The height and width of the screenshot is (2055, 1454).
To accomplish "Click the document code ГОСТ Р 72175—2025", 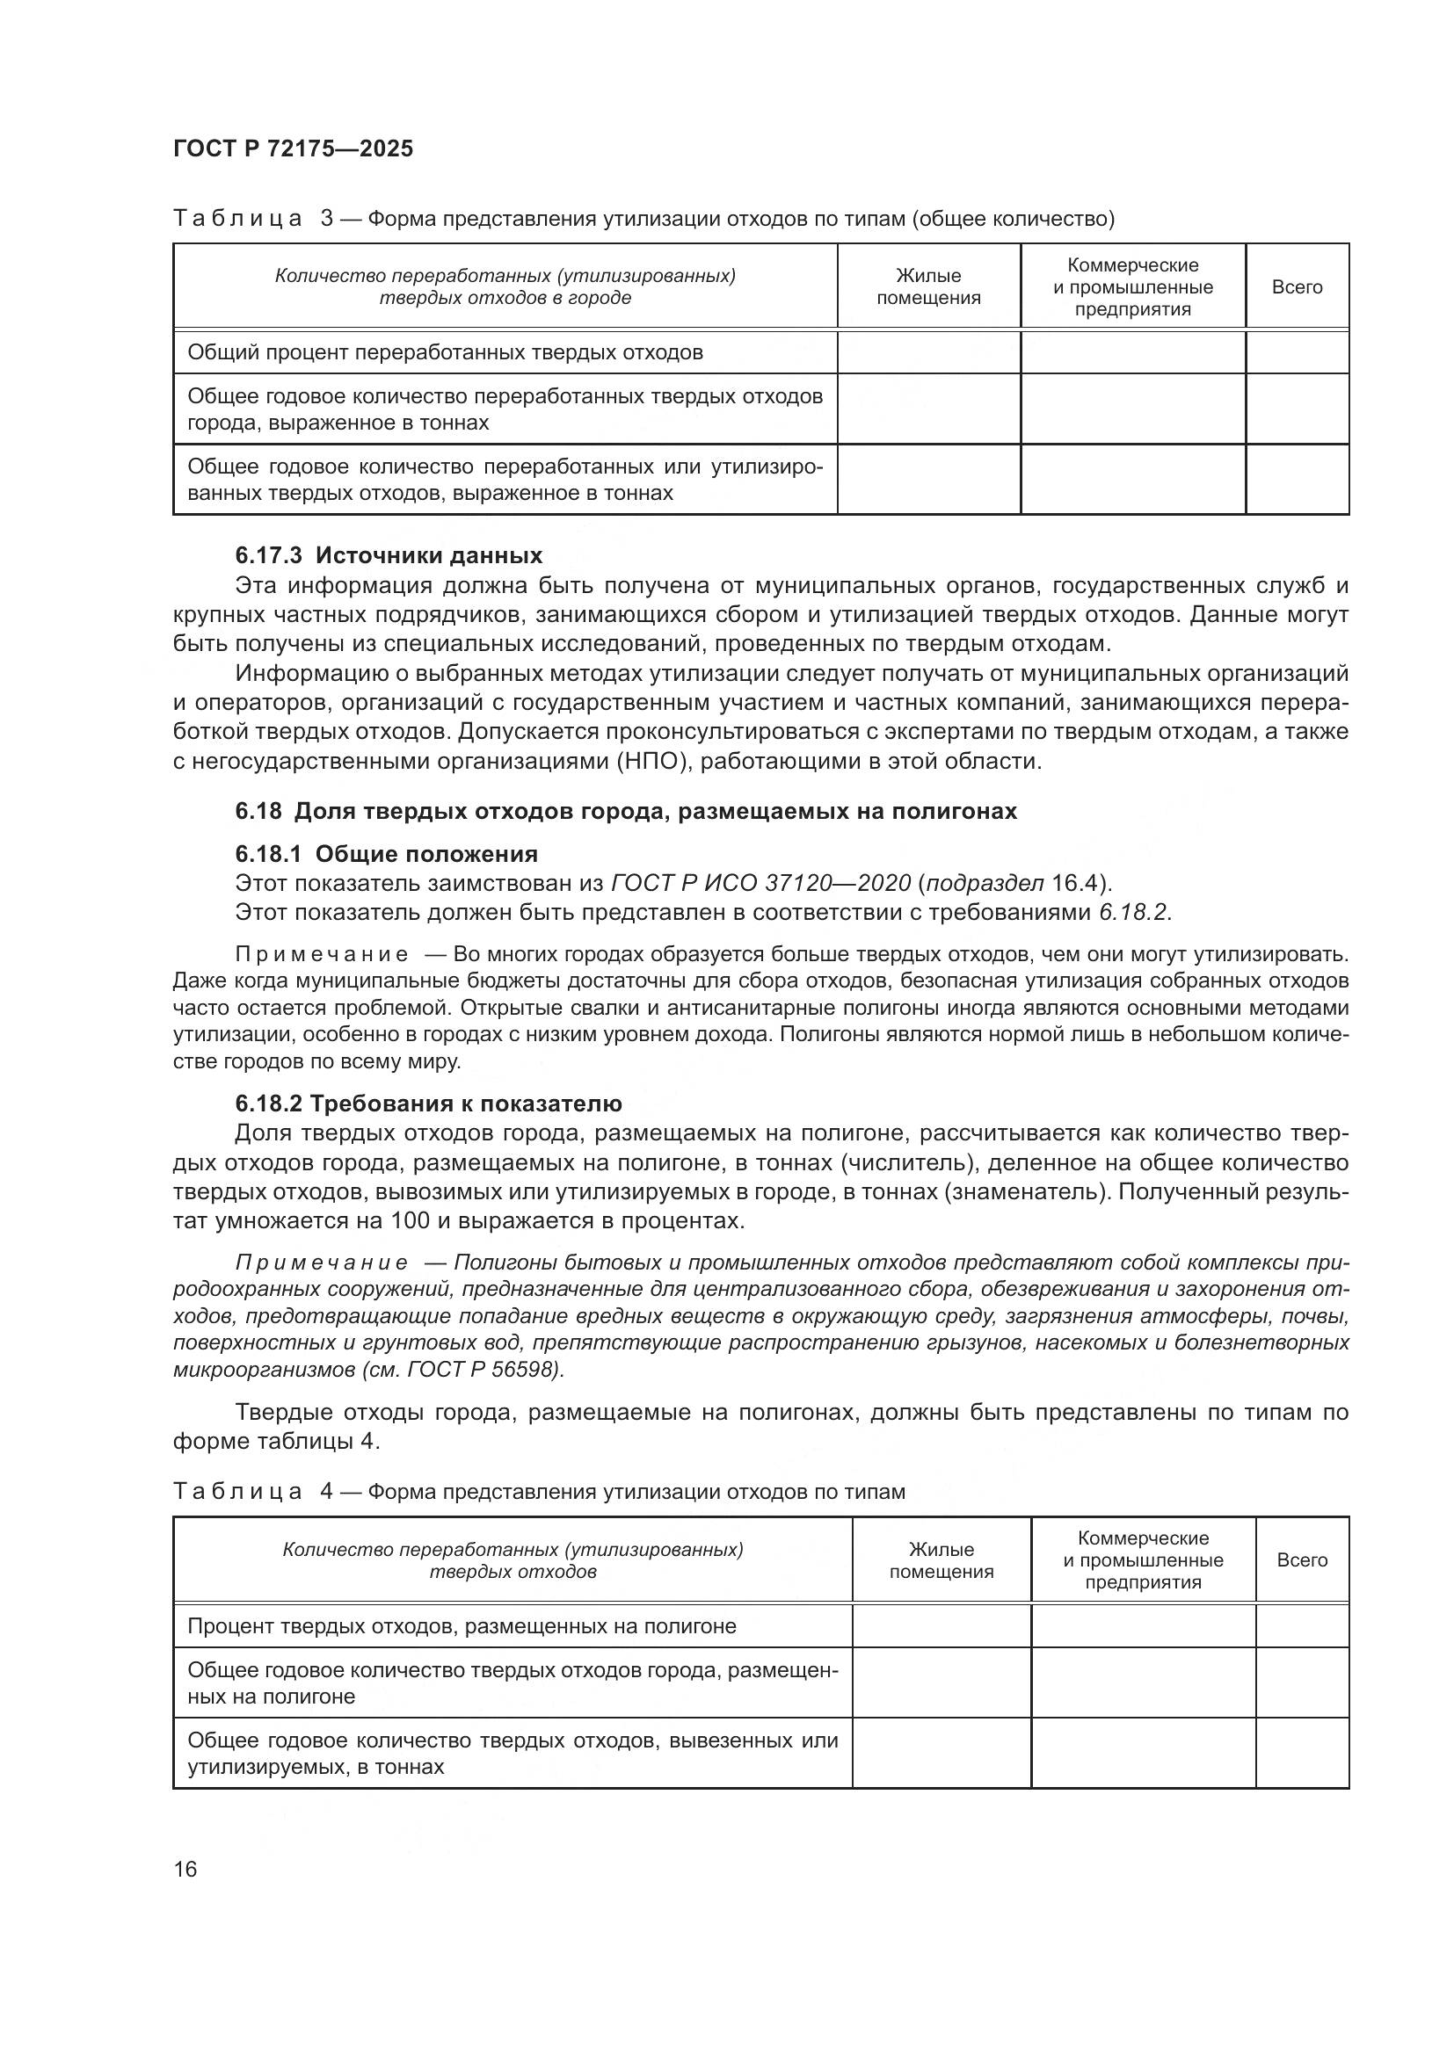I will [294, 148].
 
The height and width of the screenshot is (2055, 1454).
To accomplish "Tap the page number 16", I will [185, 1869].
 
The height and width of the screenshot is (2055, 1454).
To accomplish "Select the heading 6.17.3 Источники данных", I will [389, 555].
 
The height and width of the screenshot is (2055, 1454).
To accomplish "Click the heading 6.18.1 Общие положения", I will [386, 853].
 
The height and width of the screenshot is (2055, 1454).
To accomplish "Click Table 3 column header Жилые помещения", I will [928, 286].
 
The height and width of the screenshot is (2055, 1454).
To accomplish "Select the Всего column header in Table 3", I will [1297, 287].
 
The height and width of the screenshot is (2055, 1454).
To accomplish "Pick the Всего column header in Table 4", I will [1302, 1559].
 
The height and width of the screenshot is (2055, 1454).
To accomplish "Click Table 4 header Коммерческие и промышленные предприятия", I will [1144, 1559].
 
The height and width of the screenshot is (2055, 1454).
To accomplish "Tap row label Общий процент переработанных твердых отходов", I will [445, 352].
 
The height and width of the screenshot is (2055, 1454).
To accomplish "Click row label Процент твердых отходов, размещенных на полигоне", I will [462, 1625].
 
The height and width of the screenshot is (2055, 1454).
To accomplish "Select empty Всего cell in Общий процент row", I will [1297, 352].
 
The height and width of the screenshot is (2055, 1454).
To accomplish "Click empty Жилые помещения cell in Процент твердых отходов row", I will [941, 1625].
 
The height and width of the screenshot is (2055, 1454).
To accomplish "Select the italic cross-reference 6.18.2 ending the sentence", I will [1132, 913].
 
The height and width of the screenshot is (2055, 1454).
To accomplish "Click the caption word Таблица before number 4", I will [237, 1492].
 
